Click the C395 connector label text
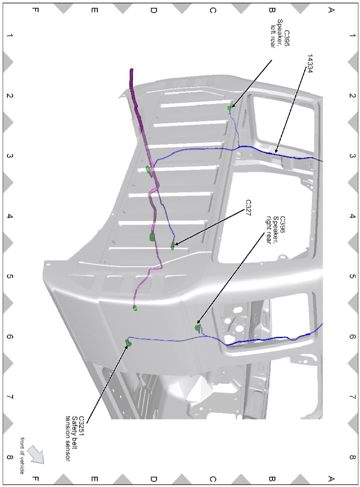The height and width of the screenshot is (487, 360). pyautogui.click(x=287, y=38)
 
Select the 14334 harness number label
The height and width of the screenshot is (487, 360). pyautogui.click(x=310, y=64)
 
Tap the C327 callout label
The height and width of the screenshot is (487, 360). pyautogui.click(x=248, y=208)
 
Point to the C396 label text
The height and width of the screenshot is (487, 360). pyautogui.click(x=283, y=225)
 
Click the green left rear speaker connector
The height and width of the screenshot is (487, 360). pyautogui.click(x=229, y=108)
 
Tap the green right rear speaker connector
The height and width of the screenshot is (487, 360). pyautogui.click(x=197, y=328)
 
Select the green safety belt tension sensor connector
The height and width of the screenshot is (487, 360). pyautogui.click(x=128, y=343)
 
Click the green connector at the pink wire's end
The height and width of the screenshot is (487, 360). pyautogui.click(x=135, y=308)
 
